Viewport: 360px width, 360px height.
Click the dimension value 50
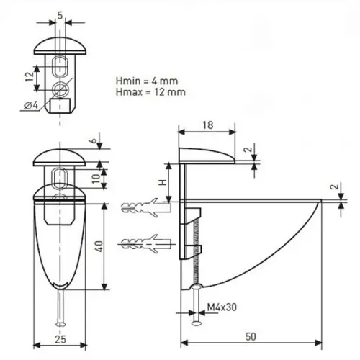pyautogui.click(x=251, y=337)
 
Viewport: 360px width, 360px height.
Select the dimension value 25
pyautogui.click(x=60, y=339)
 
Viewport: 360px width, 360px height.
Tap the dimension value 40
pyautogui.click(x=99, y=246)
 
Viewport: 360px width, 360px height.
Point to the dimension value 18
pyautogui.click(x=207, y=125)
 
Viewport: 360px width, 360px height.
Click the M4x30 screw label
pyautogui.click(x=222, y=307)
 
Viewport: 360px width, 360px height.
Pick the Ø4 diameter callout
pyautogui.click(x=32, y=105)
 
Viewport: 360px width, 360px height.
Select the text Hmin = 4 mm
pyautogui.click(x=147, y=81)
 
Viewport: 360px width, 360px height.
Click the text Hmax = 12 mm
pyautogui.click(x=150, y=92)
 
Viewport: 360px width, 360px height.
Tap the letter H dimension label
pyautogui.click(x=163, y=182)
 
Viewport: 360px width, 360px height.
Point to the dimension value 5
pyautogui.click(x=60, y=15)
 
